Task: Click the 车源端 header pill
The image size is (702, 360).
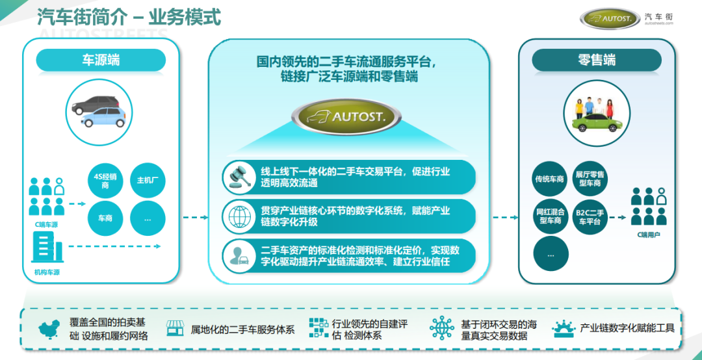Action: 101,60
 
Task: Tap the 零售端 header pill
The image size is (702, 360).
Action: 597,60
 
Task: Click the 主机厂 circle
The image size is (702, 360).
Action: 148,181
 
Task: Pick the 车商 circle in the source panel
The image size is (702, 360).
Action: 105,218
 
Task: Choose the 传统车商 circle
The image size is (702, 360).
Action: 550,179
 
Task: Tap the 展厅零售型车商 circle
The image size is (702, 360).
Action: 590,179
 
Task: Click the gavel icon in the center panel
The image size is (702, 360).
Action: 239,177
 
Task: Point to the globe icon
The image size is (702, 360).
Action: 239,216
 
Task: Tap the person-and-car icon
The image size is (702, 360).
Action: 239,255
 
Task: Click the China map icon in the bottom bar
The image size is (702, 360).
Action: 49,329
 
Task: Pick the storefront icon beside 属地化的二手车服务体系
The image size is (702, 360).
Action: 175,328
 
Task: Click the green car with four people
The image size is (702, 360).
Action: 596,114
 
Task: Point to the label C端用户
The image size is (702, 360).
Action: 648,235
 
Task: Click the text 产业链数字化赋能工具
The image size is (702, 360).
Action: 627,328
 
